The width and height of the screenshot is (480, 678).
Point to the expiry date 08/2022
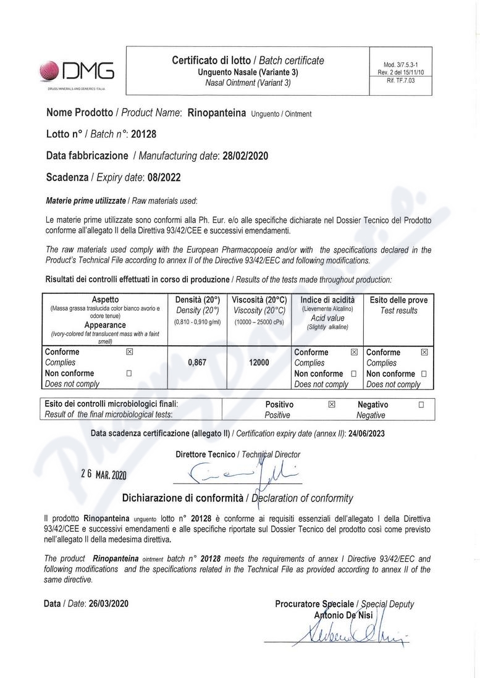coord(164,177)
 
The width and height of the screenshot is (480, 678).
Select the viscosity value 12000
coord(259,363)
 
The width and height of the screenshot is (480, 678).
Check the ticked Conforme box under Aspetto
coord(129,352)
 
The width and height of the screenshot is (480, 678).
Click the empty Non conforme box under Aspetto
coord(129,373)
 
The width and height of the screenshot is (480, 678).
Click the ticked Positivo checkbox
coord(332,405)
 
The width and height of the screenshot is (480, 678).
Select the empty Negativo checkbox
coord(421,405)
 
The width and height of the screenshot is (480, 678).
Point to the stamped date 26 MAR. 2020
coord(103,474)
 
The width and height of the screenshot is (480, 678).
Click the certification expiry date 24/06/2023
coord(366,433)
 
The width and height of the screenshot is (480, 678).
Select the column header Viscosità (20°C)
coord(259,300)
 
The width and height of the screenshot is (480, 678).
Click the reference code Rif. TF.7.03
coord(400,80)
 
